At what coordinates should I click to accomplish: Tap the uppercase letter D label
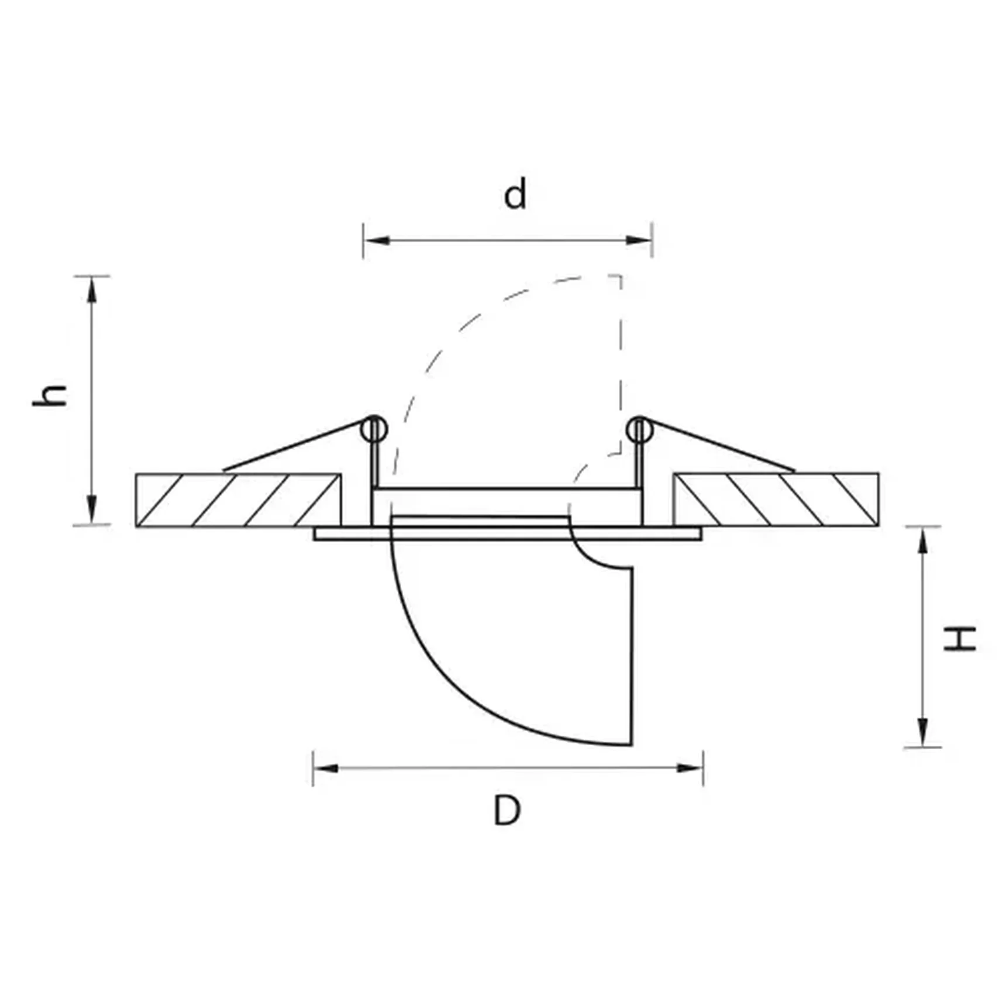507,809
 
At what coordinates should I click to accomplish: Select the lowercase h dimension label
50,395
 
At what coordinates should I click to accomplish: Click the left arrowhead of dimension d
377,240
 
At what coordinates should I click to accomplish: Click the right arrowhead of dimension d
639,240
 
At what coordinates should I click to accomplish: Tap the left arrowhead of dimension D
326,767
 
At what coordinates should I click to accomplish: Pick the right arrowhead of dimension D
690,767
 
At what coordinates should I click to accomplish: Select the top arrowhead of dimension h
92,290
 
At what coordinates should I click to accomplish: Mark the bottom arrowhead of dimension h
92,510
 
